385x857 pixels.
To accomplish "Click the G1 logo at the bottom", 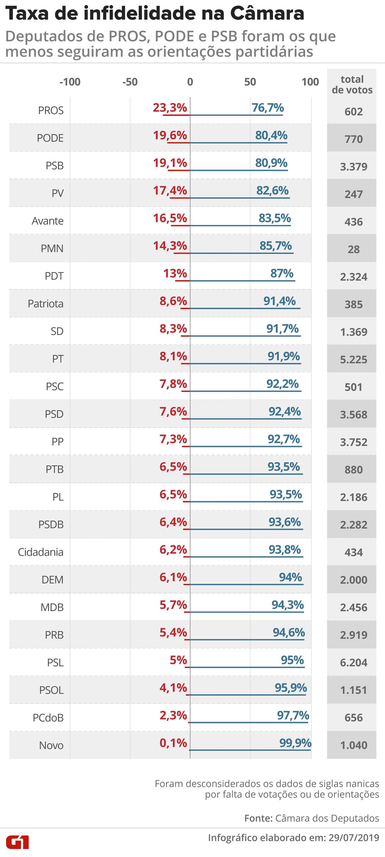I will point(17,842).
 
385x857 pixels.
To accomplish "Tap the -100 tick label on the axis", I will point(70,82).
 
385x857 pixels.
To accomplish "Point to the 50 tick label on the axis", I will point(250,82).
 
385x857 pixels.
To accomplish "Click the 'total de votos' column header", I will point(352,84).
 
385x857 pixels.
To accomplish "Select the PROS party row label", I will point(51,111).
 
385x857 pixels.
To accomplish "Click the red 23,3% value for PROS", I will point(170,108).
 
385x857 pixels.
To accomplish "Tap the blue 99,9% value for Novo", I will point(295,743).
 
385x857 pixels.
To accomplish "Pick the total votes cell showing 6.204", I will point(353,663).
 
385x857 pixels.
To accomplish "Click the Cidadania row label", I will point(41,552).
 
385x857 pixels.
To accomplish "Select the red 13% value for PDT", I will point(175,273).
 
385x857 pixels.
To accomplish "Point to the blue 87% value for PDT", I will point(282,273).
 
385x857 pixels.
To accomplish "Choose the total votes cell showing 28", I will point(353,250).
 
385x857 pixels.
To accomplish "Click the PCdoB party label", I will point(48,718).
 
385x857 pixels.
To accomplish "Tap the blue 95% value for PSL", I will point(292,660).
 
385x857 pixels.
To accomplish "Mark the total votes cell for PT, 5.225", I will point(353,360).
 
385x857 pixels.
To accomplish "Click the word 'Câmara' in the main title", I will point(267,14).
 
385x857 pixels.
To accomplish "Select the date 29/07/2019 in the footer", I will point(354,837).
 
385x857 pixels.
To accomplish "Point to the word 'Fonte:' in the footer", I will point(258,818).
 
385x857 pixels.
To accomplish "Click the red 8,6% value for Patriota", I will point(173,301).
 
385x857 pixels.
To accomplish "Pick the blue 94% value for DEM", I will point(290,577).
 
